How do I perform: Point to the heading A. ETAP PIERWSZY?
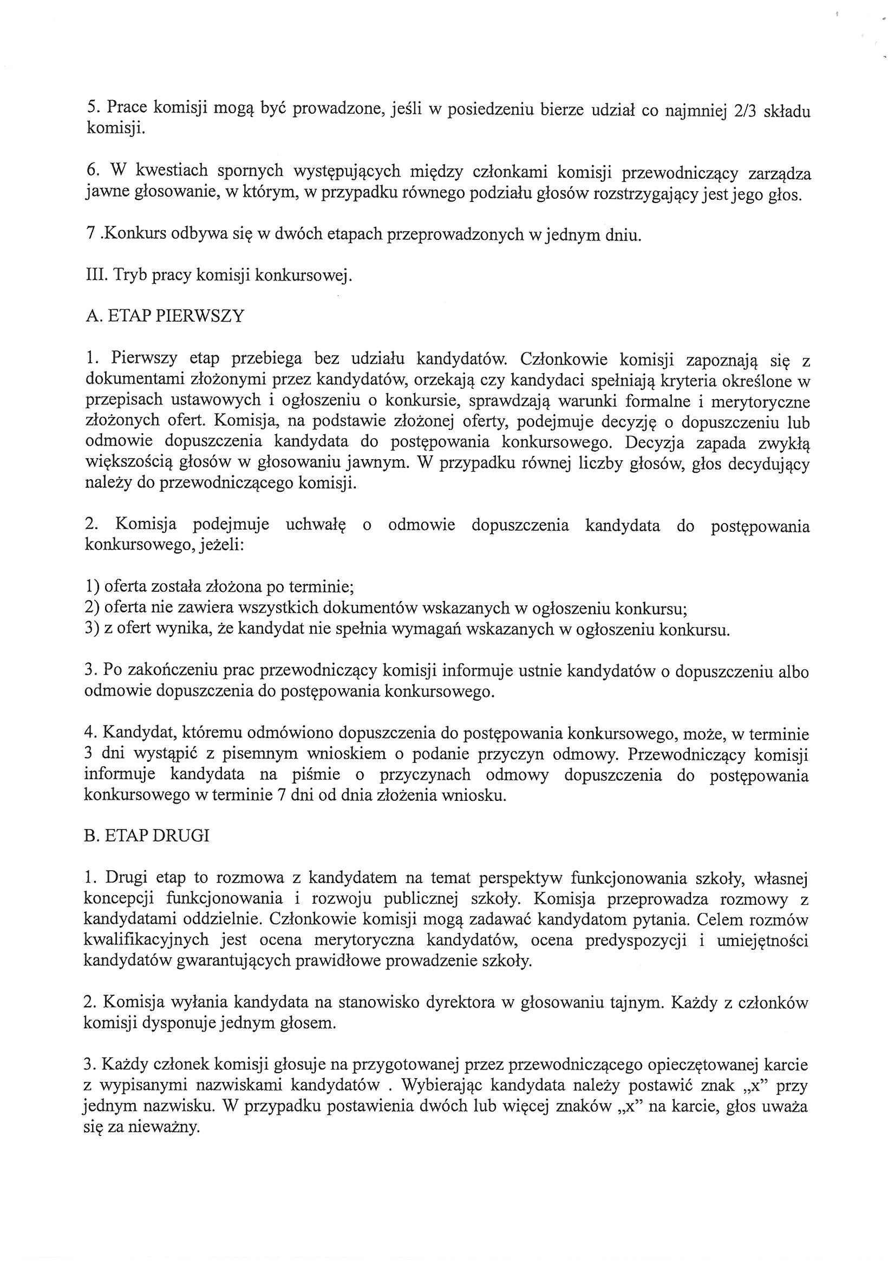tap(165, 316)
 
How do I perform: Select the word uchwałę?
tap(315, 525)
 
